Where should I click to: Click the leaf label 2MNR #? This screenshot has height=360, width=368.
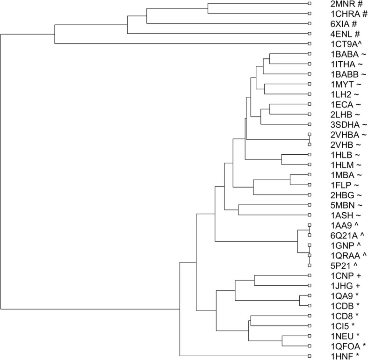pyautogui.click(x=336, y=4)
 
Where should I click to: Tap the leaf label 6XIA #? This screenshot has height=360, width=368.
pyautogui.click(x=335, y=23)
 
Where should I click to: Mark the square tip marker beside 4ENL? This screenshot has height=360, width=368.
pyautogui.click(x=310, y=34)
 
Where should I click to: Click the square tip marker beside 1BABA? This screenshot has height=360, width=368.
pyautogui.click(x=310, y=54)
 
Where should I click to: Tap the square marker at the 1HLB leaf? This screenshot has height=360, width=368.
pyautogui.click(x=310, y=155)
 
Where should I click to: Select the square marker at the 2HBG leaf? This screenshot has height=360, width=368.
pyautogui.click(x=310, y=195)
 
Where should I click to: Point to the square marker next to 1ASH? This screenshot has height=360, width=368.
pyautogui.click(x=310, y=215)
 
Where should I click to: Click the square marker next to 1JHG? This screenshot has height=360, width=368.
pyautogui.click(x=310, y=286)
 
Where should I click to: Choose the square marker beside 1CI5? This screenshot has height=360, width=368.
pyautogui.click(x=310, y=326)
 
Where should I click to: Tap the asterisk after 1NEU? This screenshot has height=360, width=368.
pyautogui.click(x=350, y=336)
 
